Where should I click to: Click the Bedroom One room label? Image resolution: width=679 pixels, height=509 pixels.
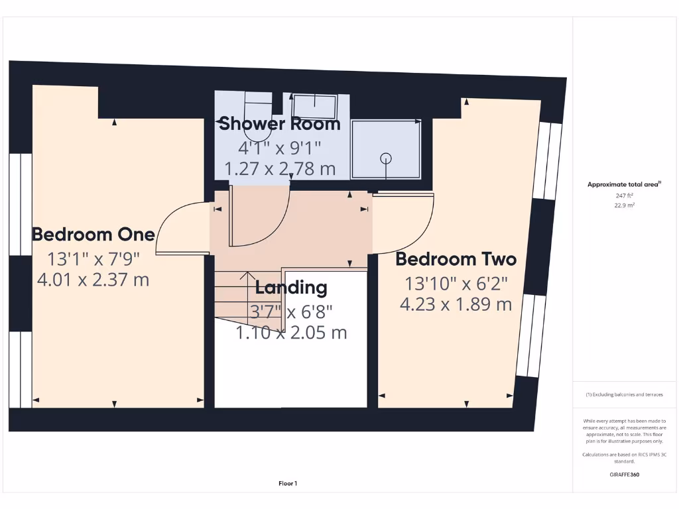[x=93, y=234]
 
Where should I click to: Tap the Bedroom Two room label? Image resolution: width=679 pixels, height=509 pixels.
[x=456, y=258]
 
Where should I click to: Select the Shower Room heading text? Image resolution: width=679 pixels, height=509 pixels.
[x=279, y=123]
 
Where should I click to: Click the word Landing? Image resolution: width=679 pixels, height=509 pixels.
[x=291, y=288]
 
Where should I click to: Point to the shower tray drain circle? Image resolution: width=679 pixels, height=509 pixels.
[x=385, y=158]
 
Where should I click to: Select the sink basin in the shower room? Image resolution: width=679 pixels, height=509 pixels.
[x=315, y=105]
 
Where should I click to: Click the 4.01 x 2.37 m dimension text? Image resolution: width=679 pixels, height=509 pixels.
[x=93, y=280]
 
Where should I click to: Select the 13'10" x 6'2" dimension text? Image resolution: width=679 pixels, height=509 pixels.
[x=456, y=284]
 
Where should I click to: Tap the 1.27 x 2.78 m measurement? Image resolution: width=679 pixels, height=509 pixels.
[x=280, y=169]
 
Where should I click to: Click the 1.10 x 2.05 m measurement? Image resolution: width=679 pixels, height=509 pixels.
[x=291, y=333]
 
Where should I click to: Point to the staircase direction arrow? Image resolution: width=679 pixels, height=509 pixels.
[x=248, y=277]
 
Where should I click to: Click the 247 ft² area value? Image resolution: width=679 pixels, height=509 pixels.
[x=625, y=196]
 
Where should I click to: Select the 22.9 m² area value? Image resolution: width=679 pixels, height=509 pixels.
[x=625, y=205]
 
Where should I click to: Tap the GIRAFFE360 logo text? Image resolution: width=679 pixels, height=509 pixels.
[x=625, y=475]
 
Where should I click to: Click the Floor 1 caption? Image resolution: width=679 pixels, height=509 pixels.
[x=288, y=484]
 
